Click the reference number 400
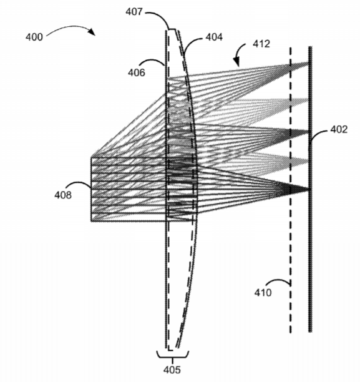(x=34, y=37)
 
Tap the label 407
(x=134, y=11)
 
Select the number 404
(x=214, y=37)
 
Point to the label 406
(x=137, y=72)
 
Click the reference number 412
(x=261, y=44)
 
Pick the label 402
(x=339, y=129)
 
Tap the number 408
(x=63, y=195)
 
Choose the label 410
(x=263, y=292)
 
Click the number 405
(x=172, y=370)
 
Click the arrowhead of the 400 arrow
(x=92, y=32)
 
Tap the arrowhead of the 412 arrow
(x=236, y=62)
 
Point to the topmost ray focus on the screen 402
(x=308, y=64)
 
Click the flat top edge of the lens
(x=172, y=29)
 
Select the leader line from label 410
(x=278, y=282)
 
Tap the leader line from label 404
(x=192, y=42)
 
